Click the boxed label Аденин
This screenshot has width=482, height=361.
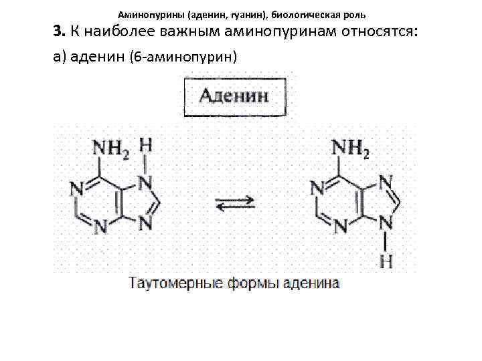234,96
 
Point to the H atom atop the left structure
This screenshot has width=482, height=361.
147,145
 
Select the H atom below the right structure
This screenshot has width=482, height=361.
386,261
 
